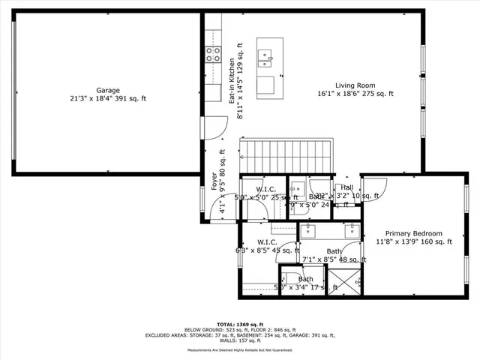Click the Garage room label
coord(107,89)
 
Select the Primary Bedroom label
coord(414,233)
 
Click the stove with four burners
coord(212,54)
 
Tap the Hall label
coord(346,187)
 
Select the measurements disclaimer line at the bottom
coord(239,350)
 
